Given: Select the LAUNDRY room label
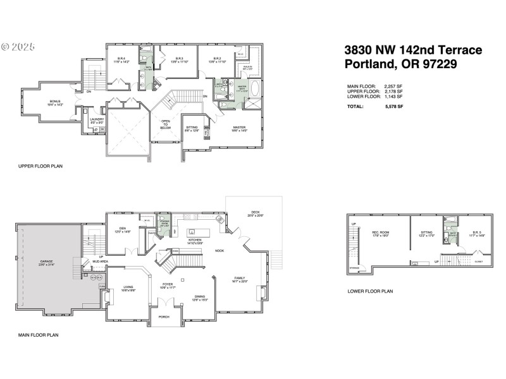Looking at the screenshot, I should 97,120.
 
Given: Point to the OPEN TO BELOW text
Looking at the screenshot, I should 165,124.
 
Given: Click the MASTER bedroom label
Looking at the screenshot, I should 239,128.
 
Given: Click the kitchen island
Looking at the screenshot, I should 196,228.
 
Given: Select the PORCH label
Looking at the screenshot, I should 164,317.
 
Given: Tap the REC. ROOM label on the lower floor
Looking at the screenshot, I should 379,233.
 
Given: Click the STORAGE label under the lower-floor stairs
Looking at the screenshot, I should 354,267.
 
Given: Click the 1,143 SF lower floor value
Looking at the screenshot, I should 393,97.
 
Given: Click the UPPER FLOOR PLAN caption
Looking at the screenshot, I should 40,167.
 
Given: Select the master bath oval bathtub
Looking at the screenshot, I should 255,88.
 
